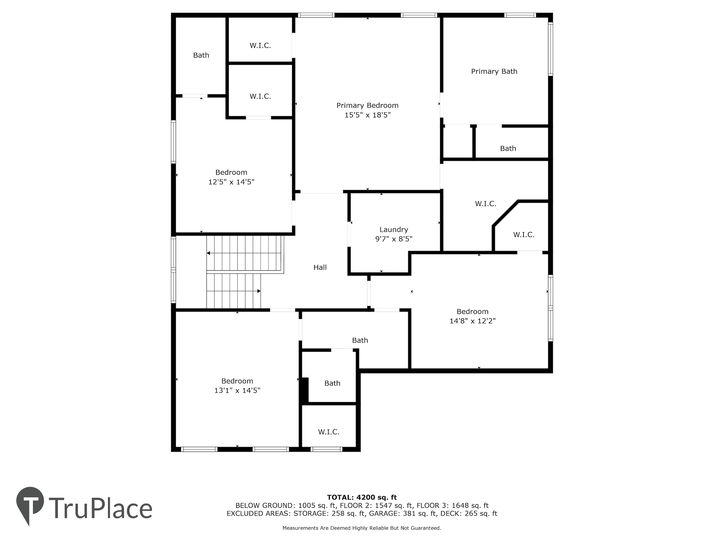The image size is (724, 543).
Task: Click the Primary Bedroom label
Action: [x=367, y=105]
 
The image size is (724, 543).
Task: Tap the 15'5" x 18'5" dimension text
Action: [x=368, y=115]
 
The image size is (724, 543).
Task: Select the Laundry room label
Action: [x=394, y=230]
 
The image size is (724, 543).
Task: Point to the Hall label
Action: [x=320, y=267]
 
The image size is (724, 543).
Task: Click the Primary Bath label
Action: [x=494, y=71]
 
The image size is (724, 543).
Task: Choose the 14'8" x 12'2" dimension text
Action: [x=473, y=321]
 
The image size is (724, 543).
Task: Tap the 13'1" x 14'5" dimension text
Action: [x=237, y=390]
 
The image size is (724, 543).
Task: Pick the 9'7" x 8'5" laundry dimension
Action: [x=394, y=239]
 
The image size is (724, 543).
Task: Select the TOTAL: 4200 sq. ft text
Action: [x=362, y=497]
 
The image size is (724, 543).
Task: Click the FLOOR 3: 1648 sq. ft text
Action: [x=453, y=506]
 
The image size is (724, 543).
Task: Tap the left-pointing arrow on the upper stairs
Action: [x=244, y=253]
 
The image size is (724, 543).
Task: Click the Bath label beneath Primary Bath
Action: [x=508, y=149]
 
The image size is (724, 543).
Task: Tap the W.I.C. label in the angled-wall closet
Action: [x=524, y=235]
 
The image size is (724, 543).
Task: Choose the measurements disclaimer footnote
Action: [x=362, y=528]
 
